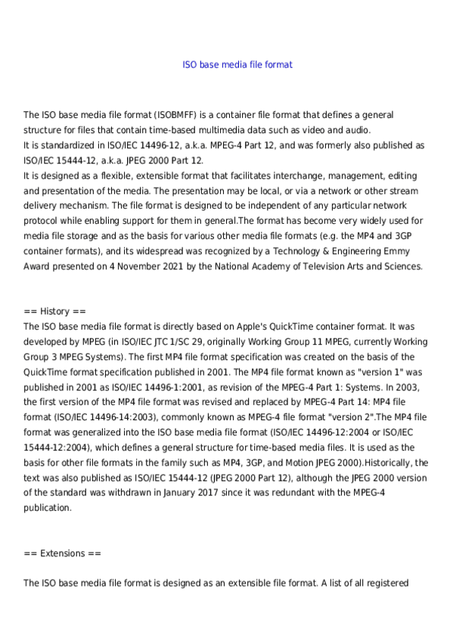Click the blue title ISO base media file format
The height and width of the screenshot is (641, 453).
point(237,65)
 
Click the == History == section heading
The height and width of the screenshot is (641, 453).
point(55,311)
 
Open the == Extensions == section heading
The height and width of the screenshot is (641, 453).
point(62,553)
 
